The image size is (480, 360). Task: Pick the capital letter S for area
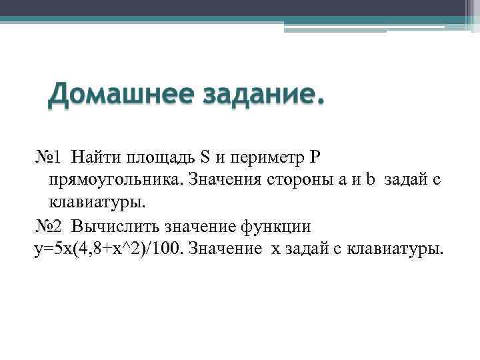pos(205,157)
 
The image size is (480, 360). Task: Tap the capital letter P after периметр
pos(316,157)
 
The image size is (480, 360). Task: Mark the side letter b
pos(371,180)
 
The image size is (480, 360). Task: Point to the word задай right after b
pos(405,180)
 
